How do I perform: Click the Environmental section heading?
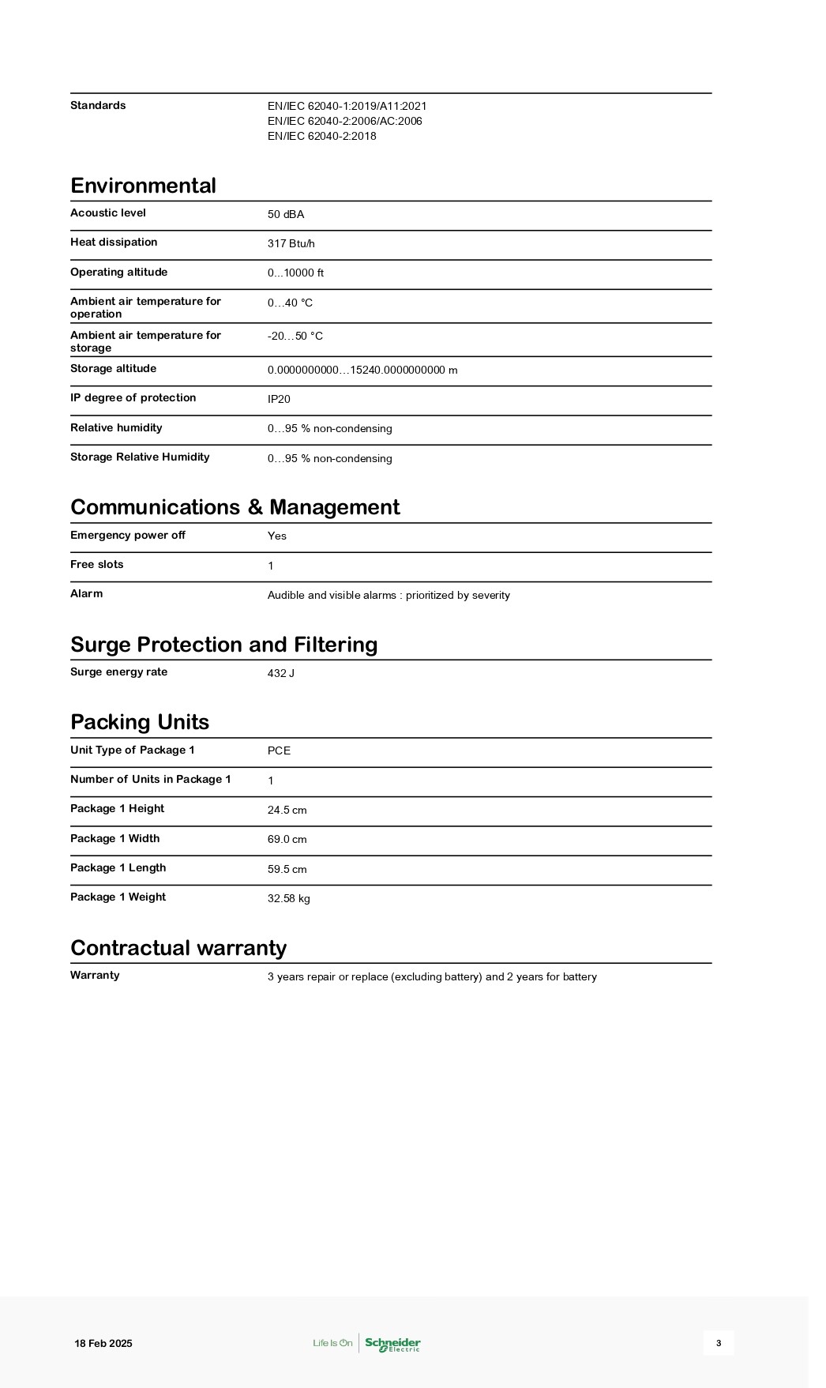click(143, 186)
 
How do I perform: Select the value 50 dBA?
click(285, 214)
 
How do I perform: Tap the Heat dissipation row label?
click(114, 242)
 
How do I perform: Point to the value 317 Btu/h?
click(291, 243)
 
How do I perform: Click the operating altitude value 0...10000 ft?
click(295, 273)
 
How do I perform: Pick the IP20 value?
click(279, 399)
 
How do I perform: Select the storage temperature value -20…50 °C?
click(295, 336)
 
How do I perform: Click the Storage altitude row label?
click(113, 368)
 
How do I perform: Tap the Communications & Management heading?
click(235, 507)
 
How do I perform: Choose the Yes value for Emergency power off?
click(276, 536)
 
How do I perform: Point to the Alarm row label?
click(86, 593)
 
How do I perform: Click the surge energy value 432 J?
click(280, 673)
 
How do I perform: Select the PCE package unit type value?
click(279, 750)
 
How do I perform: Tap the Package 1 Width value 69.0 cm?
click(287, 839)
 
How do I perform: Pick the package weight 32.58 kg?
click(288, 898)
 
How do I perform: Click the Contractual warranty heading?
click(178, 948)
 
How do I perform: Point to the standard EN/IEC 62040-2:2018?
click(321, 136)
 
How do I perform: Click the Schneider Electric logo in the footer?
click(392, 1343)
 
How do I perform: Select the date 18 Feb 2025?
click(103, 1343)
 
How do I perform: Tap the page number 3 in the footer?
click(719, 1343)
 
